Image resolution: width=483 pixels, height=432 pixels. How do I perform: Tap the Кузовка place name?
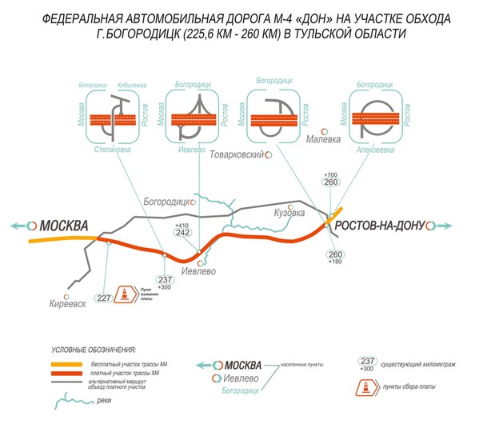click(289, 213)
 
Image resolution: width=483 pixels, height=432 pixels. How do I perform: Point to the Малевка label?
click(325, 139)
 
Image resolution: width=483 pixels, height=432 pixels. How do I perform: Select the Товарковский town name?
click(236, 156)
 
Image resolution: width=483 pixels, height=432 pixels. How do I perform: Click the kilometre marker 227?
click(103, 298)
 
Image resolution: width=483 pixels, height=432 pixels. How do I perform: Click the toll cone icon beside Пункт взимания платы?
click(125, 294)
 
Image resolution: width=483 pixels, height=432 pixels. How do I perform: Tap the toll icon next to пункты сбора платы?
click(366, 387)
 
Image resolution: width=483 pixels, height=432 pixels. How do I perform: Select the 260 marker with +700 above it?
click(331, 182)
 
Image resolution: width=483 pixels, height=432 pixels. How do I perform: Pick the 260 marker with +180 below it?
click(335, 254)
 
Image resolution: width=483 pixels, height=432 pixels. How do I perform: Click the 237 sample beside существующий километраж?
click(368, 361)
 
